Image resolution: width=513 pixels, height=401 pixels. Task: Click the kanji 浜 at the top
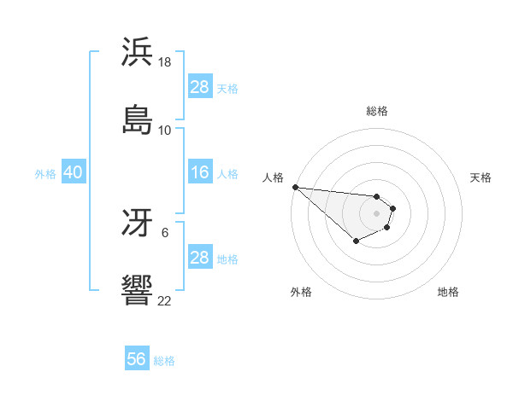[137, 52]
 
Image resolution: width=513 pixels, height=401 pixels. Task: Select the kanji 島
[137, 119]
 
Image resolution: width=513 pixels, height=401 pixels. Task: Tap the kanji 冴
[137, 224]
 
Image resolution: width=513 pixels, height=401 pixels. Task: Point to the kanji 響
[137, 290]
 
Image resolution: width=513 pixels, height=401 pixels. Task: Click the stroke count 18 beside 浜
[165, 63]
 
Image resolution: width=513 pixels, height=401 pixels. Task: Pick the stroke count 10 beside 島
[165, 131]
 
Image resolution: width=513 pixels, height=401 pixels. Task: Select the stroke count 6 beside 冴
[165, 232]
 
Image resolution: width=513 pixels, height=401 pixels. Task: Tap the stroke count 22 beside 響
[165, 300]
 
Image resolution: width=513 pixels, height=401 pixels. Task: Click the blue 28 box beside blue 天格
[199, 87]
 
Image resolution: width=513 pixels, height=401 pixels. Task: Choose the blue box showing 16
[199, 172]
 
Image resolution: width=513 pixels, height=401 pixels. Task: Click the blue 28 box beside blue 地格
[199, 258]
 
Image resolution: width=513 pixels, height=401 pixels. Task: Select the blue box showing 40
[73, 172]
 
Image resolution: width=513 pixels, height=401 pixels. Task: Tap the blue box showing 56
[137, 359]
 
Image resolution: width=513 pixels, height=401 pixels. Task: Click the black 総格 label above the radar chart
[377, 111]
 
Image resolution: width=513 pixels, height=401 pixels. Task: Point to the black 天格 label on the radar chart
[481, 177]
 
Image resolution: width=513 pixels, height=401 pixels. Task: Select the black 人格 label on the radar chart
[273, 177]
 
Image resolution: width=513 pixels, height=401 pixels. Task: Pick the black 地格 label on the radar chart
[448, 292]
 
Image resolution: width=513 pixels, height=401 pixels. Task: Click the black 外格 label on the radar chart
[301, 292]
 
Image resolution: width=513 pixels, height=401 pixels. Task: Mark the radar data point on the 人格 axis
[295, 187]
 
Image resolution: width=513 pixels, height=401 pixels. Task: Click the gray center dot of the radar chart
[376, 212]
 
